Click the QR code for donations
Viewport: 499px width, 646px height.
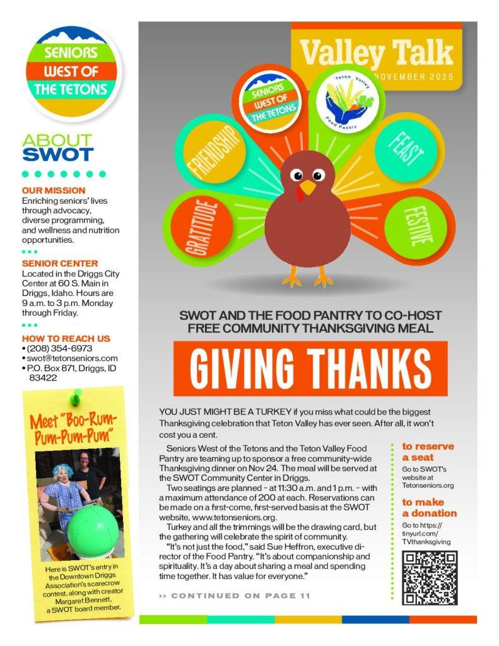click(429, 578)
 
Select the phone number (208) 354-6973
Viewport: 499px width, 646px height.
click(60, 348)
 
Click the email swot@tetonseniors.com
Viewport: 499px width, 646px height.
click(72, 358)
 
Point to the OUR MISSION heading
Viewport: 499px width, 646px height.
click(54, 191)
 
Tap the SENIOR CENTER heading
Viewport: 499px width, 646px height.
click(60, 263)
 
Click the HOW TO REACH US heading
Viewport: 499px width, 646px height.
click(66, 338)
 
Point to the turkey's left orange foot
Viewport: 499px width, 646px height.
click(291, 276)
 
